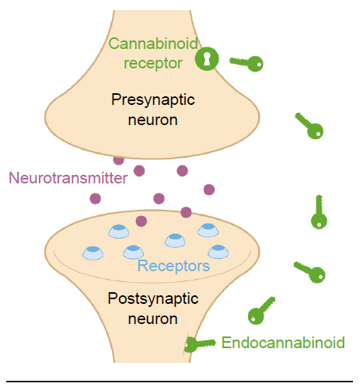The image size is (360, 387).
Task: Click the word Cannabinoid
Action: click(x=153, y=44)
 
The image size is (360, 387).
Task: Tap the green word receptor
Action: click(x=153, y=64)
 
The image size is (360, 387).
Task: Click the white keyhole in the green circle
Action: click(x=207, y=59)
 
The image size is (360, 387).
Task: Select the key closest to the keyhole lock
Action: click(x=246, y=63)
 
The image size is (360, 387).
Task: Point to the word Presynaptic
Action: click(x=153, y=100)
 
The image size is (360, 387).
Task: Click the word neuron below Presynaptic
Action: click(x=153, y=120)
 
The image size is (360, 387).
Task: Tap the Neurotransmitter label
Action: click(x=68, y=178)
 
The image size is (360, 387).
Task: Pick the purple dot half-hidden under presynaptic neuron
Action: click(x=119, y=161)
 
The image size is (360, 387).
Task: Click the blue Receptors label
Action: click(x=173, y=266)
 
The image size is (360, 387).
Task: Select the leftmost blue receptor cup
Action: click(x=93, y=253)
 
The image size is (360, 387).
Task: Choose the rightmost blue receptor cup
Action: click(x=218, y=252)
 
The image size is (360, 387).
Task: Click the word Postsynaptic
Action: click(x=153, y=299)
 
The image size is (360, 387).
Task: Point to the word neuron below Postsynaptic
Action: click(x=153, y=319)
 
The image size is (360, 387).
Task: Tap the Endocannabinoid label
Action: click(x=283, y=343)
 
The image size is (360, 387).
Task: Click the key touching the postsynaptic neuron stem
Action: click(x=200, y=344)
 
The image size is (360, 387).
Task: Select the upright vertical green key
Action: click(x=319, y=212)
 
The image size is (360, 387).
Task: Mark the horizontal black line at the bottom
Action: click(x=180, y=382)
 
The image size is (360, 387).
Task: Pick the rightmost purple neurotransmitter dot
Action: click(x=209, y=190)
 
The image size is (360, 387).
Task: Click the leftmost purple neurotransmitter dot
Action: click(x=96, y=199)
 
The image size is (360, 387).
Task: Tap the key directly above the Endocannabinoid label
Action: click(x=261, y=311)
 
